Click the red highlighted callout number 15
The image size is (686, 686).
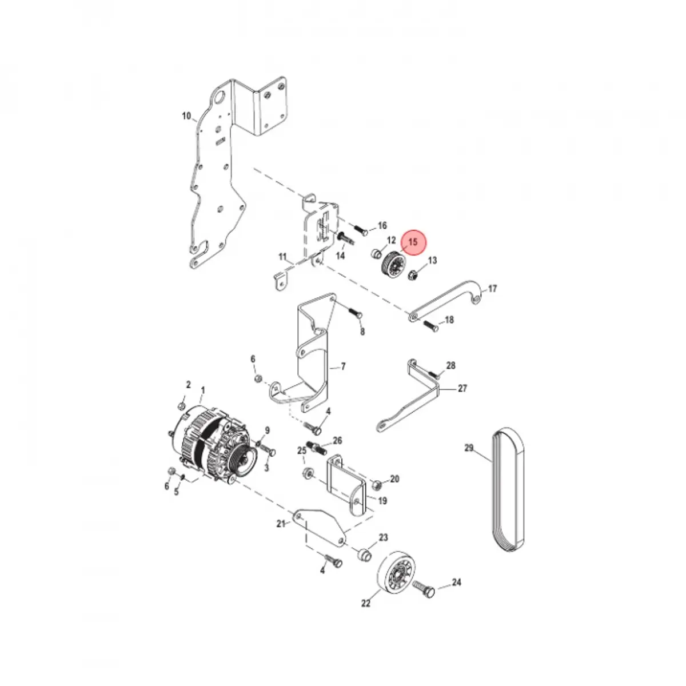[413, 242]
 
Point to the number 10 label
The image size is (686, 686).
[186, 116]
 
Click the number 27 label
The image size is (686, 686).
[462, 389]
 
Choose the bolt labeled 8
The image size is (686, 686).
[353, 312]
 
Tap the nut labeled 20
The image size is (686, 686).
[376, 485]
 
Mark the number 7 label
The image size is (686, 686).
[343, 366]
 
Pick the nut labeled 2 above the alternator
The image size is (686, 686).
[181, 405]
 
